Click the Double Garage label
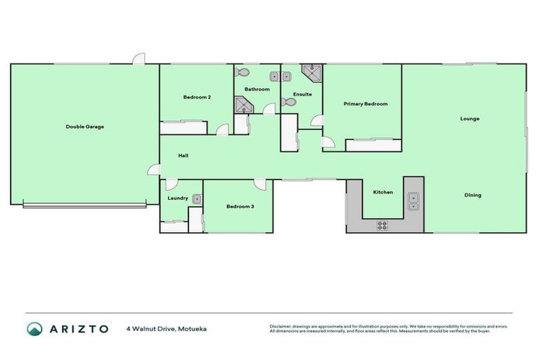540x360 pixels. (85, 127)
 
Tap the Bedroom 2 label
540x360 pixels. (197, 97)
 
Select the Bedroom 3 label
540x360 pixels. (240, 207)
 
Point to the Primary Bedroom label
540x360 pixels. (365, 104)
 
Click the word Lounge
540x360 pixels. (470, 119)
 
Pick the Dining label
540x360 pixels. (472, 195)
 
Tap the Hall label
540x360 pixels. (183, 155)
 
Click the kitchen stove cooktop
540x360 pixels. (382, 225)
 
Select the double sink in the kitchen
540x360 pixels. (413, 201)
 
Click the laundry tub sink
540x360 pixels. (198, 199)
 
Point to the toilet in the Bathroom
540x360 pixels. (243, 72)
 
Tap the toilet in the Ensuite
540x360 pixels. (288, 102)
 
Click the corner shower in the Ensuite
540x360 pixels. (310, 72)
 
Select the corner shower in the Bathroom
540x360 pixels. (243, 105)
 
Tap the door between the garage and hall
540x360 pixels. (153, 169)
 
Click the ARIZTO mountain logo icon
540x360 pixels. (35, 328)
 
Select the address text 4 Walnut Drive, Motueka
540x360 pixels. (167, 328)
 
